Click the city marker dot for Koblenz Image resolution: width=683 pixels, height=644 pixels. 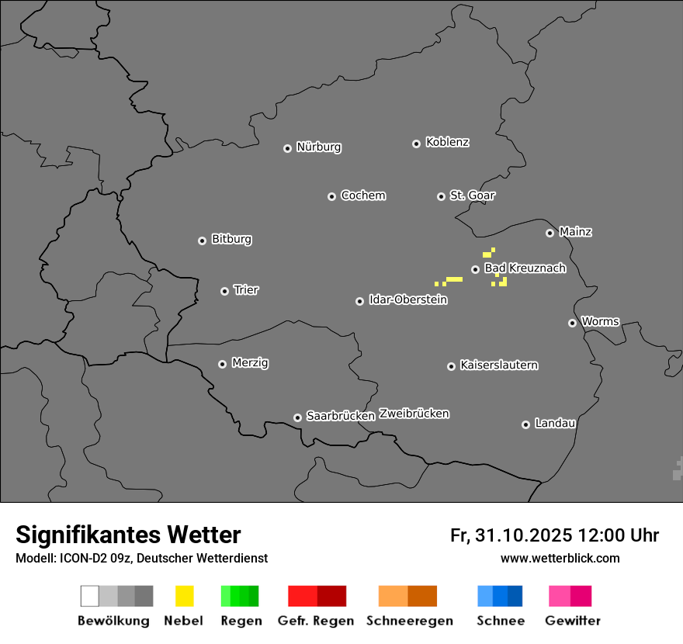click(416, 144)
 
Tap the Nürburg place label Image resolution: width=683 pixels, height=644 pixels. click(318, 147)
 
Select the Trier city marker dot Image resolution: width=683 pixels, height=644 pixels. click(225, 291)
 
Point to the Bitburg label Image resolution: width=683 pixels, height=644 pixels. click(231, 239)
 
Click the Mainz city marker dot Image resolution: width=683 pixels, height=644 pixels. click(550, 233)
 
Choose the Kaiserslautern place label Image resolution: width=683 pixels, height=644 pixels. click(498, 365)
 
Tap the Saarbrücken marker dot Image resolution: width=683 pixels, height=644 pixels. click(297, 417)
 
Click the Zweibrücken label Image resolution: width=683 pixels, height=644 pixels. click(414, 414)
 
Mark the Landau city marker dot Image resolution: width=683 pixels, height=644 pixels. click(525, 424)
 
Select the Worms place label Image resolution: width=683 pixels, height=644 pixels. click(600, 321)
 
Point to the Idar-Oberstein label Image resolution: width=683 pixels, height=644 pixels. click(407, 299)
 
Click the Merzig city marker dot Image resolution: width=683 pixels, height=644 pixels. click(222, 364)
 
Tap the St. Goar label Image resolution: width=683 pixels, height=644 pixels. click(472, 196)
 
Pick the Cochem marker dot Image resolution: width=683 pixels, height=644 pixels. click(331, 196)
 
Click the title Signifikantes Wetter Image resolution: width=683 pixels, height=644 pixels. click(128, 535)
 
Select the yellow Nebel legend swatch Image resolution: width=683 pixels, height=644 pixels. click(184, 596)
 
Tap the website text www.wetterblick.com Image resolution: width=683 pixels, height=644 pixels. click(560, 558)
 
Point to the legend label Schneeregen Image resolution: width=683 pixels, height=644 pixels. click(410, 621)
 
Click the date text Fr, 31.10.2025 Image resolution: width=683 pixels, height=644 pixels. click(511, 535)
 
